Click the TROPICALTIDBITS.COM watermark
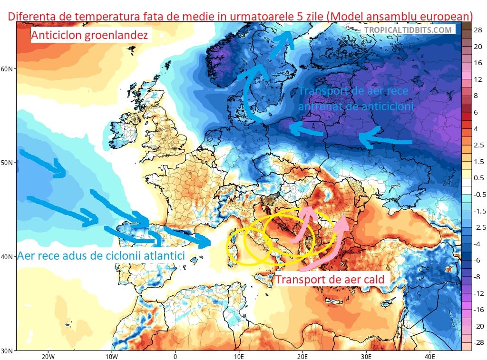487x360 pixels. [408, 30]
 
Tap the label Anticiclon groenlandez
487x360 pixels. [90, 35]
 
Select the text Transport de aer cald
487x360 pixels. [330, 280]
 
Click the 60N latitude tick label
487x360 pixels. [9, 69]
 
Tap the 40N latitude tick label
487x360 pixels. [9, 257]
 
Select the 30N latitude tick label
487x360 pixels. [9, 351]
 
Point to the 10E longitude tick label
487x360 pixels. [239, 357]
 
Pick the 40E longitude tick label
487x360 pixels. [429, 357]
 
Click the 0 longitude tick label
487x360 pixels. [175, 357]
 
